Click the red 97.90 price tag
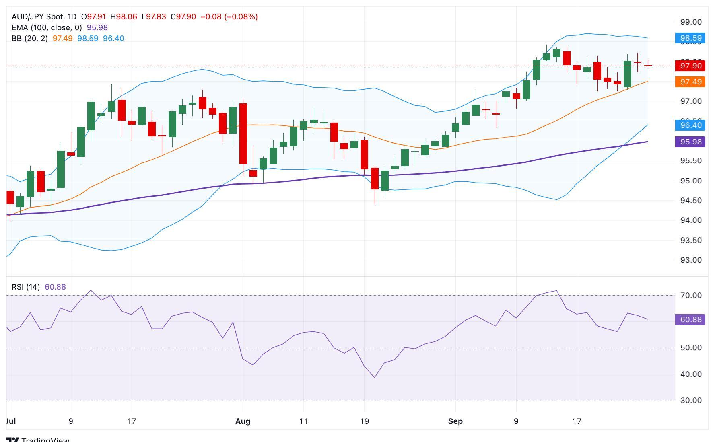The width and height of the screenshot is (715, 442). pyautogui.click(x=690, y=66)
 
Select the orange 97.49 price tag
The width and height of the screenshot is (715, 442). pyautogui.click(x=690, y=82)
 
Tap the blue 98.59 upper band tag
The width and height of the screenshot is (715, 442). pyautogui.click(x=690, y=38)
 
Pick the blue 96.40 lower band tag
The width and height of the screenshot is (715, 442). pyautogui.click(x=690, y=125)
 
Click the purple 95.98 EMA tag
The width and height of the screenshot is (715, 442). pyautogui.click(x=690, y=142)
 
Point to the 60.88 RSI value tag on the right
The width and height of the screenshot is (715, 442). pyautogui.click(x=690, y=320)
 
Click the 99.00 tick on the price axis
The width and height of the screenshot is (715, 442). pyautogui.click(x=690, y=22)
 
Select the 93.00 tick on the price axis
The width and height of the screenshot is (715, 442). pyautogui.click(x=690, y=260)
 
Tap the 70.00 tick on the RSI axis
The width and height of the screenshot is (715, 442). pyautogui.click(x=690, y=296)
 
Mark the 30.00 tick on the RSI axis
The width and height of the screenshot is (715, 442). pyautogui.click(x=690, y=401)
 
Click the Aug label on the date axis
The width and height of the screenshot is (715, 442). pyautogui.click(x=243, y=421)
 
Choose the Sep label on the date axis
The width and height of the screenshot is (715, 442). pyautogui.click(x=455, y=421)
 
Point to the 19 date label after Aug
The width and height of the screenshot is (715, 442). pyautogui.click(x=364, y=421)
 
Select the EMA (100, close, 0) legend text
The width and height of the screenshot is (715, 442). pyautogui.click(x=47, y=28)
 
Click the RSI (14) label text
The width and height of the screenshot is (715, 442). pyautogui.click(x=26, y=287)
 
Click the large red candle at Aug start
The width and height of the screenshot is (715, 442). pyautogui.click(x=243, y=134)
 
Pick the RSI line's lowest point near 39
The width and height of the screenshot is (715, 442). pyautogui.click(x=375, y=377)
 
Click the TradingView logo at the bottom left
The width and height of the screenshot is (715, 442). pyautogui.click(x=38, y=439)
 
